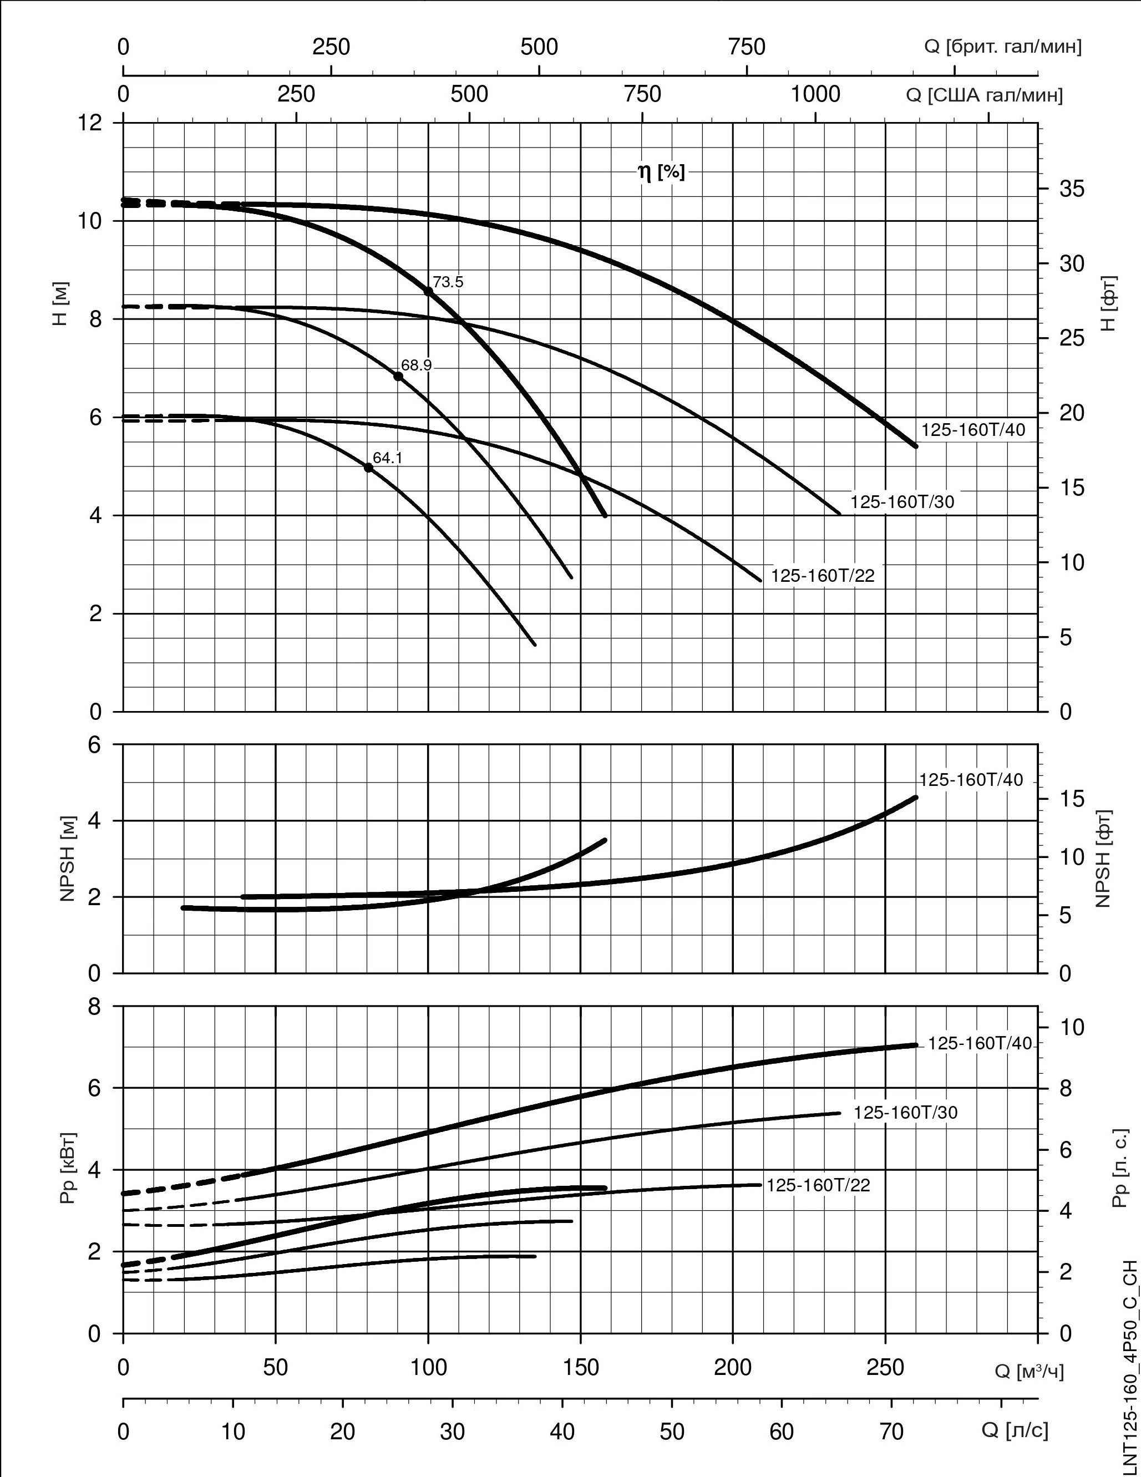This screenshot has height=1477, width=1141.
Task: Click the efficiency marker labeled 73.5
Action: (x=428, y=291)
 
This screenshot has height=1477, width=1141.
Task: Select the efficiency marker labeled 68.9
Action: (x=398, y=376)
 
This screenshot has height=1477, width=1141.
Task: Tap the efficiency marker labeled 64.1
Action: (x=369, y=468)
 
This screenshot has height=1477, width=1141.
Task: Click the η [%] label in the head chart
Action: (x=661, y=172)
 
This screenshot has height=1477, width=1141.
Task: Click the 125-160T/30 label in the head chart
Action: (x=902, y=502)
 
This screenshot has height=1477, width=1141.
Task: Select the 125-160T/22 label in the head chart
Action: (x=823, y=576)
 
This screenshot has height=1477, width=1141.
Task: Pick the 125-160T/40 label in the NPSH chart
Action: (x=971, y=780)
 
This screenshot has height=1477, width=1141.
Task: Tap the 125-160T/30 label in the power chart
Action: (x=906, y=1113)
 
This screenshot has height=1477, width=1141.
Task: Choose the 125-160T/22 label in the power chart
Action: (x=818, y=1185)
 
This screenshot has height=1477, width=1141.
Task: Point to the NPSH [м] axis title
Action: (x=67, y=859)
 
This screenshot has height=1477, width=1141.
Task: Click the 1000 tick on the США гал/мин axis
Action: (x=816, y=94)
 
